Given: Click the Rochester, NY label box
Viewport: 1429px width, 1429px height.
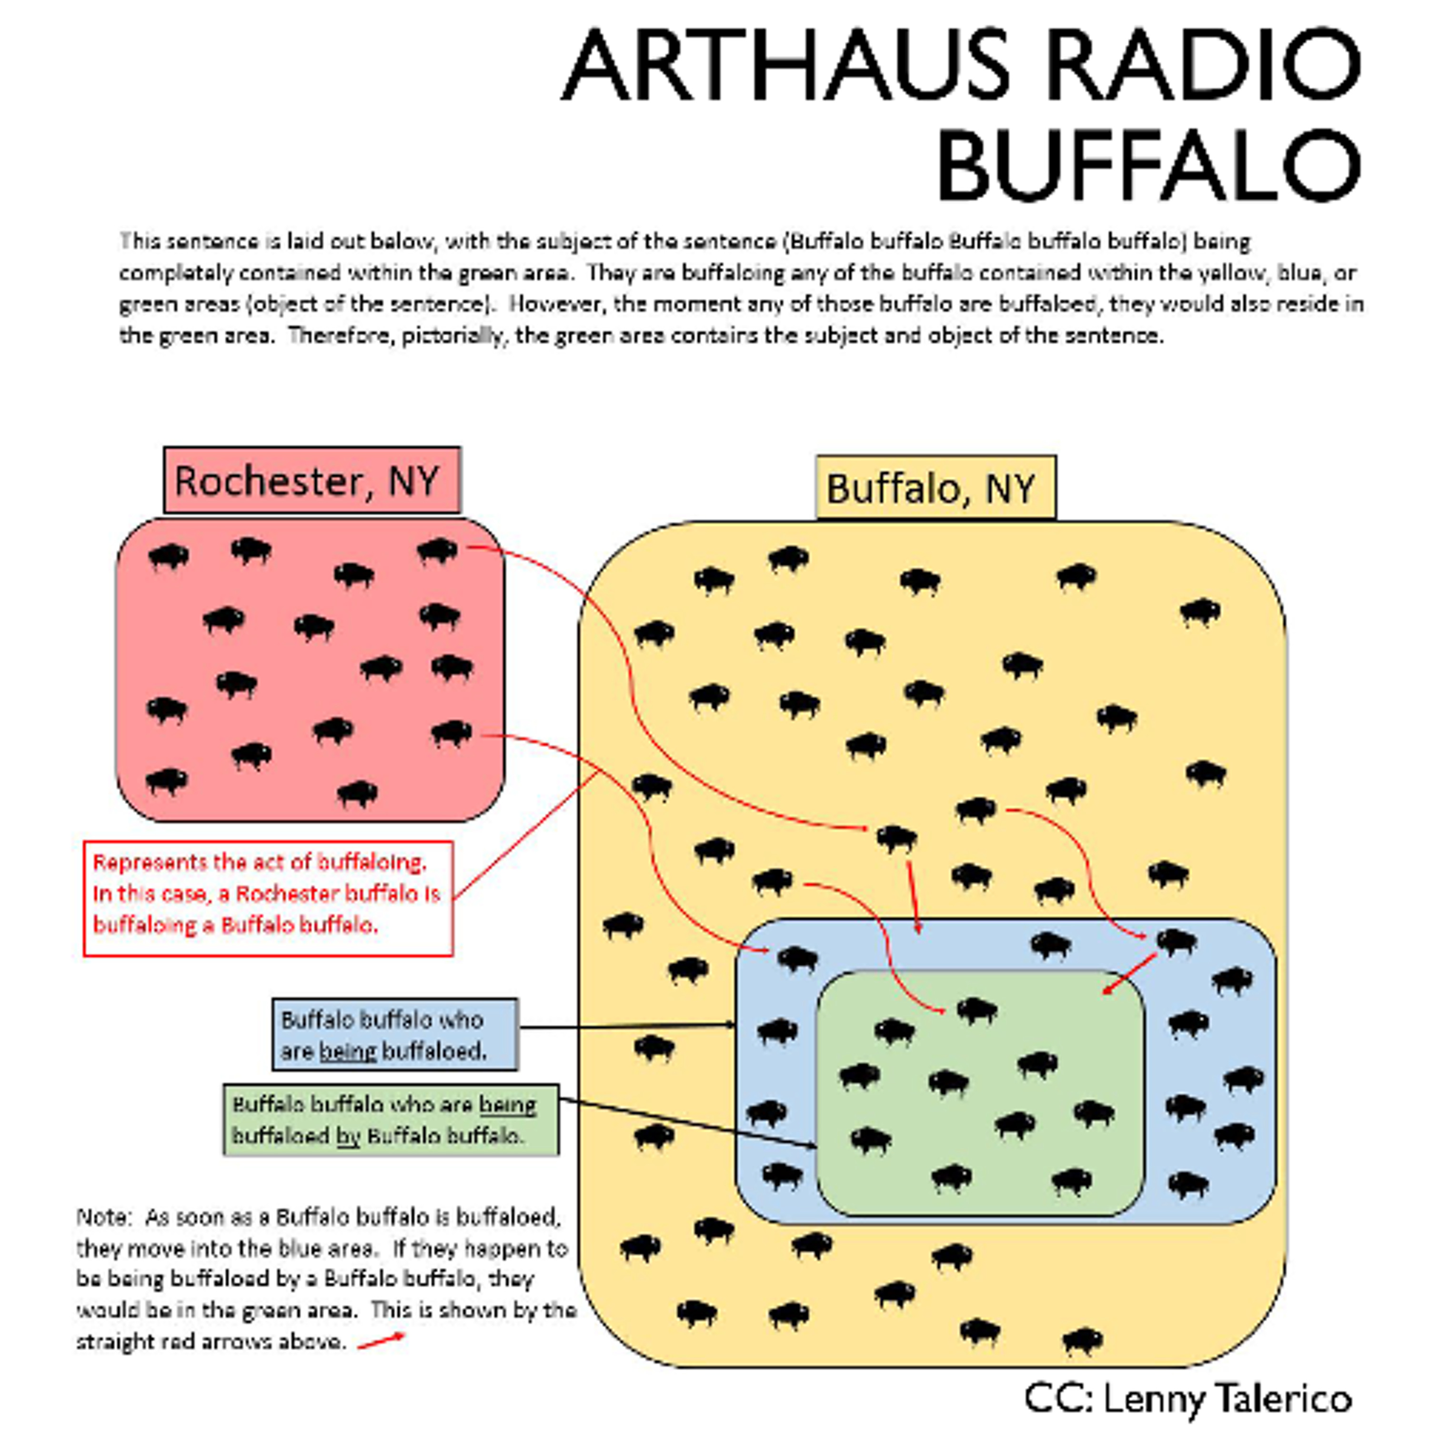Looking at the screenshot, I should coord(312,480).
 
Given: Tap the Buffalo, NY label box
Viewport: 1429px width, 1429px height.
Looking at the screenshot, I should coord(935,487).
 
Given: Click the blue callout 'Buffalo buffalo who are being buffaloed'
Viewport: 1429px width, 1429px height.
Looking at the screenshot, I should coord(395,1035).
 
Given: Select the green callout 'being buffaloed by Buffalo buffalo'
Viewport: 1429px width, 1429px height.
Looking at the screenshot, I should coord(391,1120).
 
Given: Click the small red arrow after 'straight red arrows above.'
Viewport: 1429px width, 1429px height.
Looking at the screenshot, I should coord(381,1340).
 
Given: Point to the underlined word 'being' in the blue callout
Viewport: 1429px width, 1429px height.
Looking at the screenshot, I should coord(348,1051).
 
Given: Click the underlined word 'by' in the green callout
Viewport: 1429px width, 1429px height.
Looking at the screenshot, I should coord(348,1136).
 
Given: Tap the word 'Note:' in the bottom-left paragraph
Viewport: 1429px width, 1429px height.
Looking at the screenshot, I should coord(103,1217).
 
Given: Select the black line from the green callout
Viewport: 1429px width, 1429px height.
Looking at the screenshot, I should coord(688,1124).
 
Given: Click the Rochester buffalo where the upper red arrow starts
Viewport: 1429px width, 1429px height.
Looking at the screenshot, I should coord(438,550).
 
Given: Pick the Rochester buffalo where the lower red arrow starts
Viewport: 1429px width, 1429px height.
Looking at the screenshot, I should coord(451,733).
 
